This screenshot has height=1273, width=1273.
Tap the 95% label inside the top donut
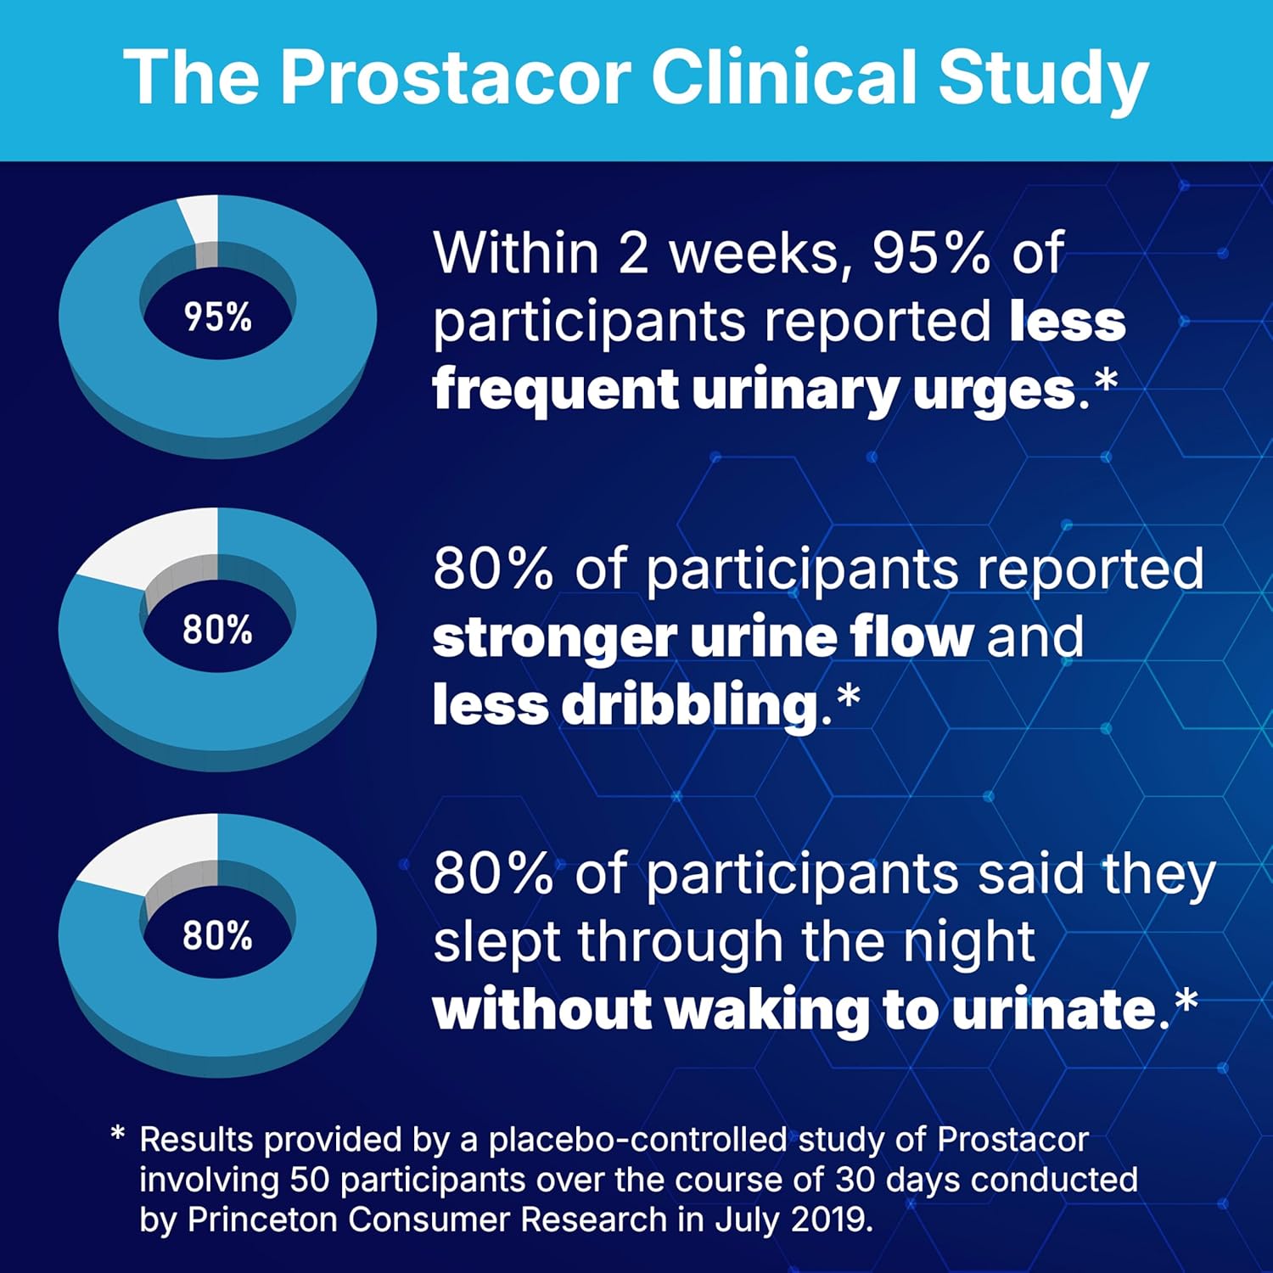218,317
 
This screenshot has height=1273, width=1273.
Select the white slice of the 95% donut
202,218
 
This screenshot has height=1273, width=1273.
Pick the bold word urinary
794,390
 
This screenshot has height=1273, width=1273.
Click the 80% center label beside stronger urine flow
218,630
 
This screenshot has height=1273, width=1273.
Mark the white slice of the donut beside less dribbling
153,547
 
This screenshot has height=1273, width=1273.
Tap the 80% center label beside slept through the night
218,935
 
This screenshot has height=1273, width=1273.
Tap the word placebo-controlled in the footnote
638,1140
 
